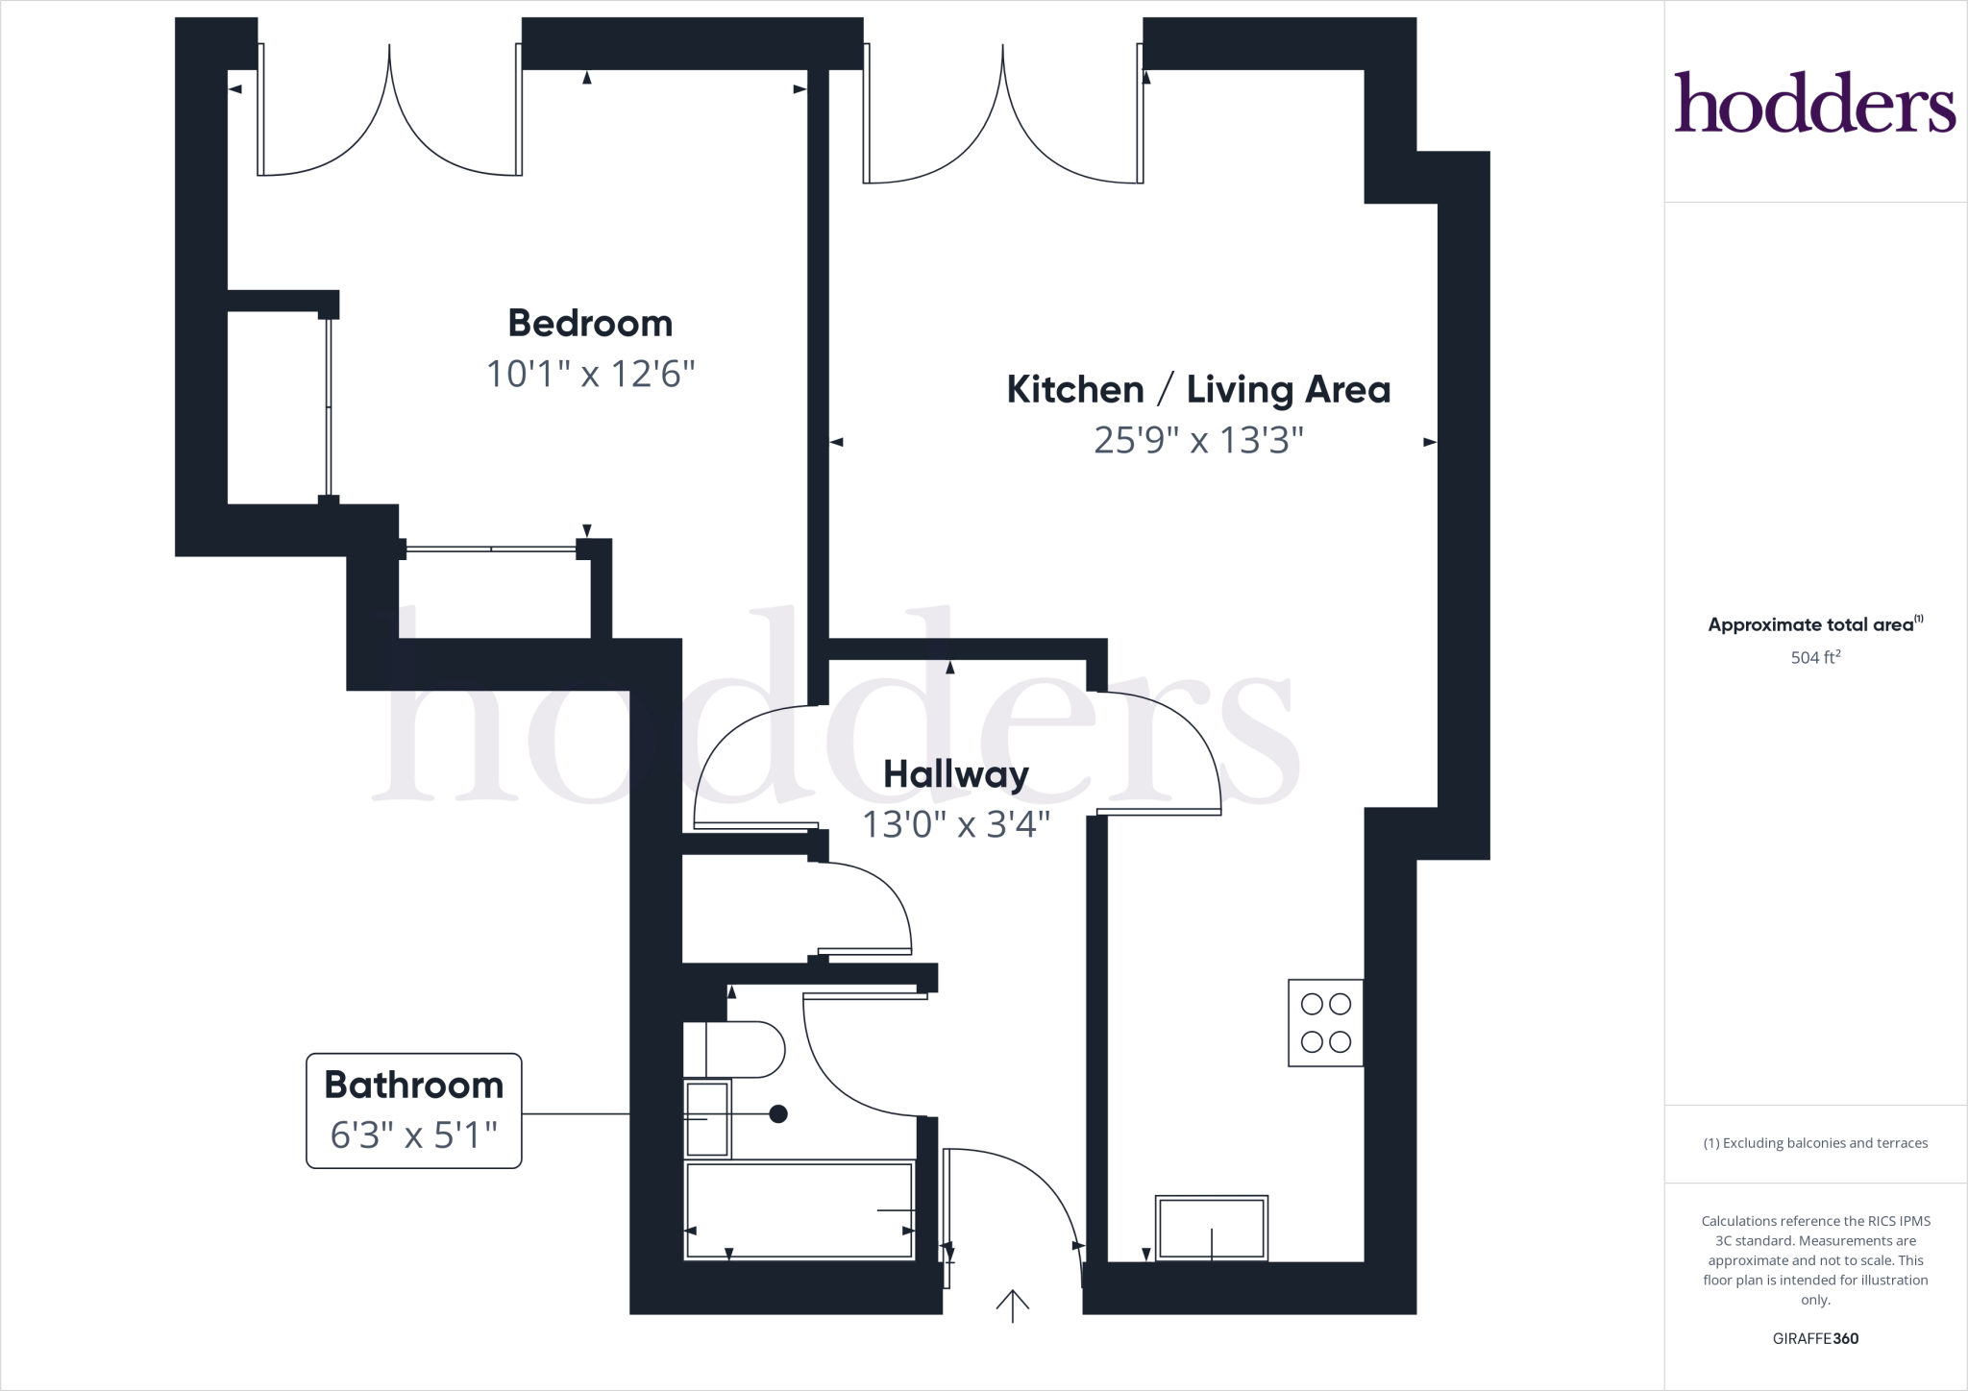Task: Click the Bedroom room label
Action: [590, 324]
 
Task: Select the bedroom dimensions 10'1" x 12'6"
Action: [590, 374]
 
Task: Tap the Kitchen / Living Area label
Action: [1198, 390]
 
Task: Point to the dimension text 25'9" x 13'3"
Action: [1198, 441]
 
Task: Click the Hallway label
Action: [956, 774]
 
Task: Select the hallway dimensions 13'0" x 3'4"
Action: [956, 824]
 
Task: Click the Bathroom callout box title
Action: [413, 1086]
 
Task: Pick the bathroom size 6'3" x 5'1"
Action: [413, 1135]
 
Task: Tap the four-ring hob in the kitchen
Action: [1325, 1023]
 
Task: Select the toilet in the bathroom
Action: [735, 1050]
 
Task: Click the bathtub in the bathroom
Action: [798, 1210]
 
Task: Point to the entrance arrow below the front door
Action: [1012, 1306]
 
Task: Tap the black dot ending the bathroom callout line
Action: [778, 1114]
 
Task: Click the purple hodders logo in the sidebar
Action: [1814, 104]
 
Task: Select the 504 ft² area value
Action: [1814, 658]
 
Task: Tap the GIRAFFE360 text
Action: [1814, 1338]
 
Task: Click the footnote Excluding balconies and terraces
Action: [1814, 1143]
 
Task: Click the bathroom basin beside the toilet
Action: [708, 1119]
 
